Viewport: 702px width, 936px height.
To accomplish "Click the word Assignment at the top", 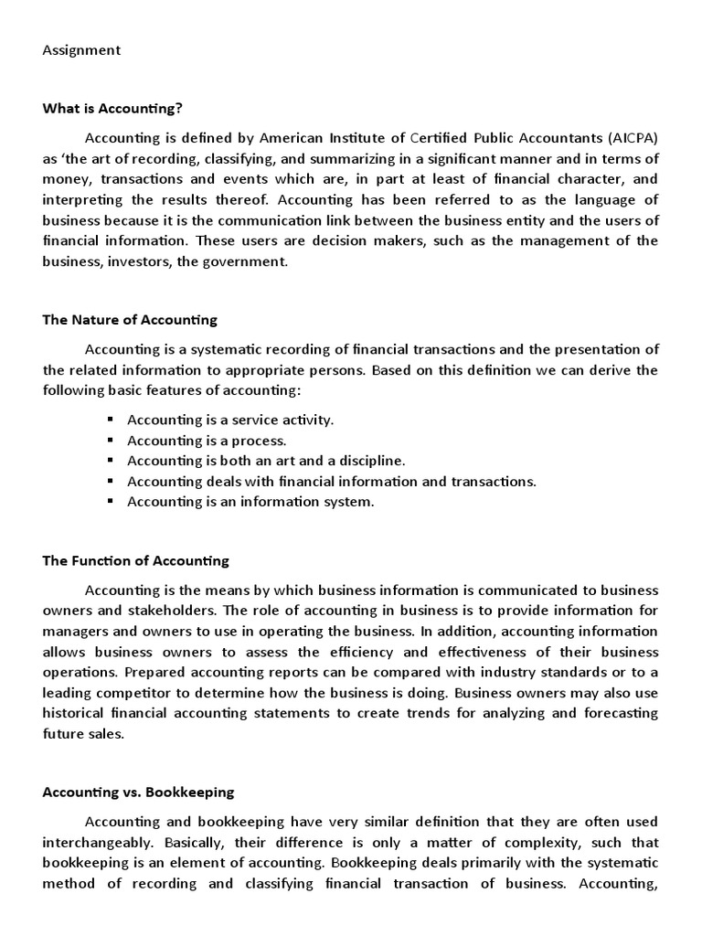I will click(x=81, y=50).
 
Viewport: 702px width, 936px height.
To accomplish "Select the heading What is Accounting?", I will click(x=112, y=109).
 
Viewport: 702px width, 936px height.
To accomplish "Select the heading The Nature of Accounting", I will click(x=130, y=320).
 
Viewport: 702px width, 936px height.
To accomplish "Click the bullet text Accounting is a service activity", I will click(x=230, y=420).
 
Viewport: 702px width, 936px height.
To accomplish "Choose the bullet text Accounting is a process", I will click(x=207, y=441).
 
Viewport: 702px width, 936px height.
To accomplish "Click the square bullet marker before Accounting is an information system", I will click(x=110, y=501).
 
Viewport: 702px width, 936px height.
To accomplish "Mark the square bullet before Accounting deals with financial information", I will click(x=110, y=481).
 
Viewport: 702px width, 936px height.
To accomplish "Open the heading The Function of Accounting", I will click(x=136, y=560).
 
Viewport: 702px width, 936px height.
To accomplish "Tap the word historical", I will click(x=74, y=712).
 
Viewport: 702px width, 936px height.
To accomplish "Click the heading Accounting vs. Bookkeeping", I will click(x=138, y=792).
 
